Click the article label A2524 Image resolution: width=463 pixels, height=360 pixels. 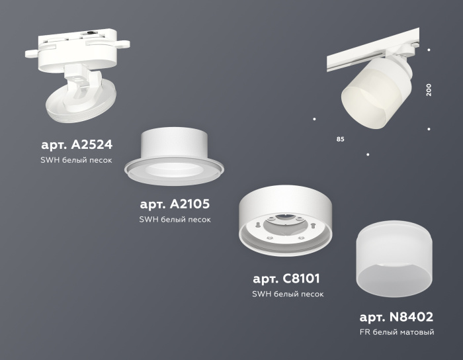(x=77, y=144)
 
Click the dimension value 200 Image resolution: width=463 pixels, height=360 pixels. (x=429, y=89)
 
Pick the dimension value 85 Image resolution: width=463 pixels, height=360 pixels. (x=340, y=140)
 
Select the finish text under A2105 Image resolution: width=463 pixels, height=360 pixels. (x=175, y=220)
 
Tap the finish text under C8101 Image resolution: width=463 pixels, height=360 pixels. (x=288, y=294)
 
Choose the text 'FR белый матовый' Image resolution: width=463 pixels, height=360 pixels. (x=397, y=332)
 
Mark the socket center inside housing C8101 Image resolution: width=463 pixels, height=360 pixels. (x=284, y=225)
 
